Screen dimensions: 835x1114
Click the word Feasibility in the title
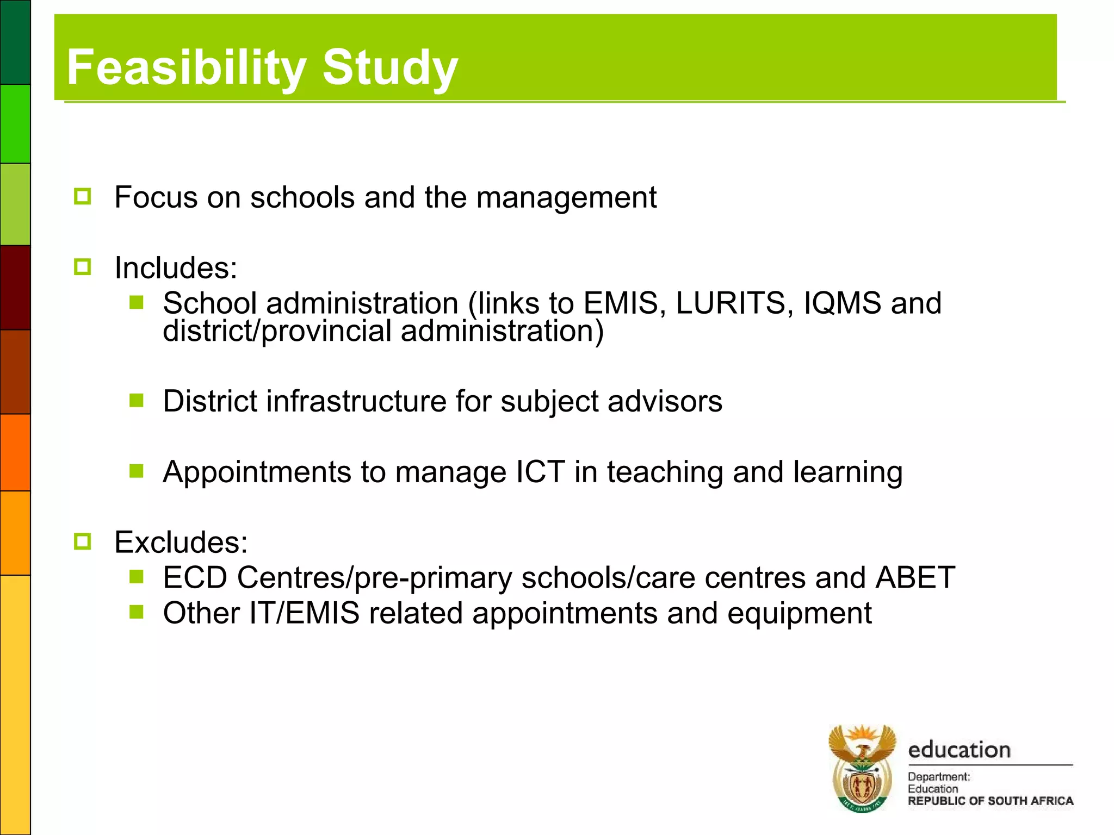(185, 67)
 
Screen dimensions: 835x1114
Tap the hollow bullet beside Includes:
(83, 267)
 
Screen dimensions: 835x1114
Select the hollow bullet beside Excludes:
(83, 541)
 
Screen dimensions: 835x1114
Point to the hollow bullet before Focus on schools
(83, 196)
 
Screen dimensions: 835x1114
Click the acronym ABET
(915, 577)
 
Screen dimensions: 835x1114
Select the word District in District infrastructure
(210, 401)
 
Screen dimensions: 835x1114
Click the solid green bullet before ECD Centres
(137, 576)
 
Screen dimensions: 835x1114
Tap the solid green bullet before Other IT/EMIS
(137, 612)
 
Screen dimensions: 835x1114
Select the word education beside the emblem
(959, 750)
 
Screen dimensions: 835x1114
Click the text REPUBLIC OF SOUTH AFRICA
(990, 801)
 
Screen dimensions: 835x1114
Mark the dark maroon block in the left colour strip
(15, 287)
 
